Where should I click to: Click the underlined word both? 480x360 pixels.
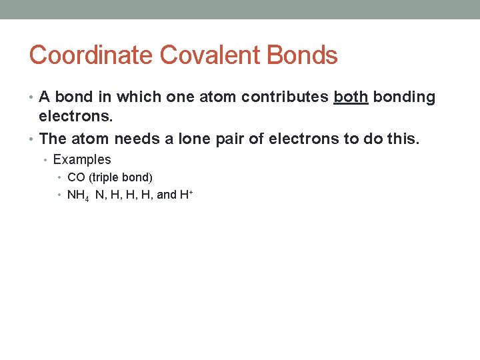click(x=351, y=97)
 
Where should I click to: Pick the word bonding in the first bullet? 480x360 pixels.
click(x=404, y=97)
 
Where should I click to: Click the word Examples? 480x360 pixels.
click(x=82, y=160)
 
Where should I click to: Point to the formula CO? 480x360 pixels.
click(x=75, y=177)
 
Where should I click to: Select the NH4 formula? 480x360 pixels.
click(x=78, y=195)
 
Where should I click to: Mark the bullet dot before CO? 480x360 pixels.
click(x=60, y=177)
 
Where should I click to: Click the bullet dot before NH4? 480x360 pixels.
click(x=60, y=195)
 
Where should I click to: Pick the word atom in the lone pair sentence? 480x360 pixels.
click(x=91, y=139)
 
